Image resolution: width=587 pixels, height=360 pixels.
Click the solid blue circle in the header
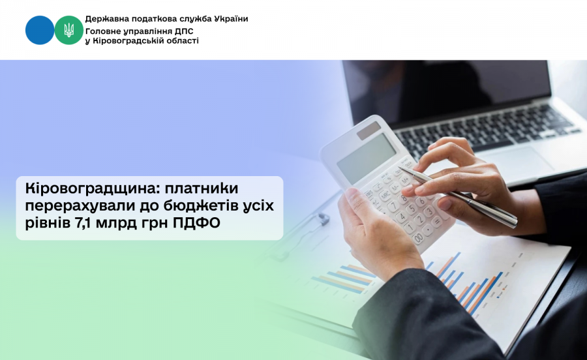coord(40,30)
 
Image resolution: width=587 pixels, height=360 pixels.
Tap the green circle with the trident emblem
coord(69,30)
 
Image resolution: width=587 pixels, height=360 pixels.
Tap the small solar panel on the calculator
coord(369,130)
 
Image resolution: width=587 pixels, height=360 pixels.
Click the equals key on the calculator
coord(436,221)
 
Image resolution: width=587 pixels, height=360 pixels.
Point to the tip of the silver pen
coord(401,168)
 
